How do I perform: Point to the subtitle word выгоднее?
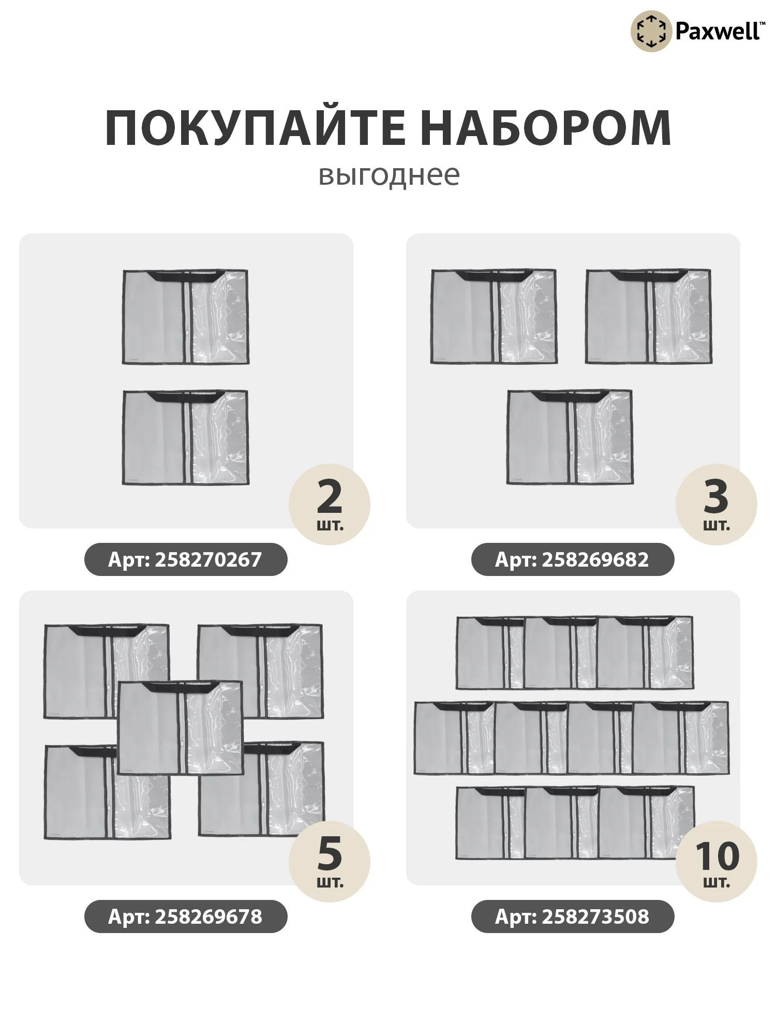click(389, 175)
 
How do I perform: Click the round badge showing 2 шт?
click(330, 503)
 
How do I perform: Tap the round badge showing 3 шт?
click(717, 503)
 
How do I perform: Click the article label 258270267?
click(186, 559)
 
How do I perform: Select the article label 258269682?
click(573, 559)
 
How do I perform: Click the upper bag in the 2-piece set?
click(186, 317)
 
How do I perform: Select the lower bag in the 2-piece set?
click(186, 437)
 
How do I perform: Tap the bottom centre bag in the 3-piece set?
click(570, 437)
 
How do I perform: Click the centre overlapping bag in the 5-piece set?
click(180, 728)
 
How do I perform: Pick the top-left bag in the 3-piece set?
click(494, 316)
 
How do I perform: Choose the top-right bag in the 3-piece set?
click(649, 316)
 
